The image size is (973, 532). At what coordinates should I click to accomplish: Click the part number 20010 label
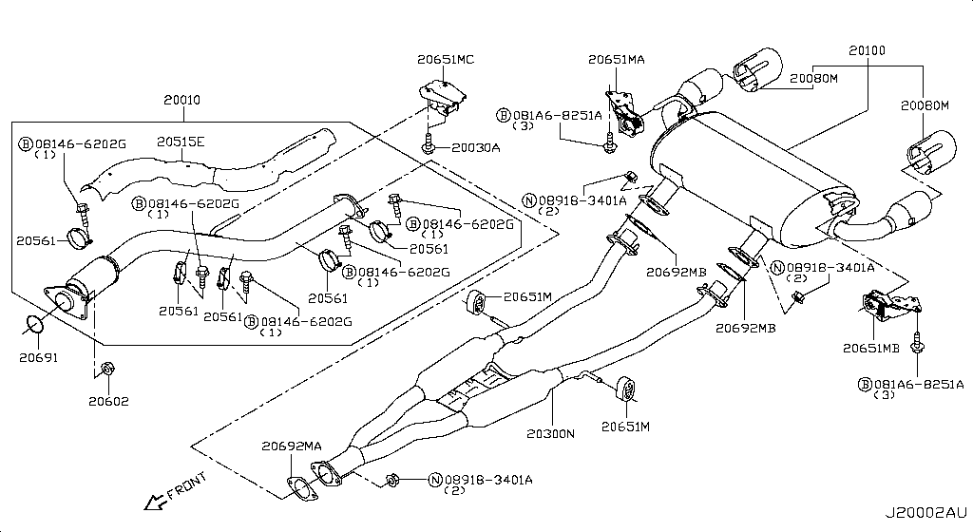click(x=181, y=100)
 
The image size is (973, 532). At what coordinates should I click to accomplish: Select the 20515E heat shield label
click(x=181, y=142)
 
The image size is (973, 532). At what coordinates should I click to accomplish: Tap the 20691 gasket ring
click(x=35, y=327)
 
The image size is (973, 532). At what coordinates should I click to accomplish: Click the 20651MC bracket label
click(x=445, y=59)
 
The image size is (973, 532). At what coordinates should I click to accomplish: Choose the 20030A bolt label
click(x=476, y=147)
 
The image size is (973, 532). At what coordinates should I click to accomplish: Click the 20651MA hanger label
click(x=616, y=59)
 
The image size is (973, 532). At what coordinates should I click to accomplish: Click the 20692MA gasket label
click(x=292, y=446)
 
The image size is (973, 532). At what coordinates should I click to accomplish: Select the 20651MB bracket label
click(x=869, y=349)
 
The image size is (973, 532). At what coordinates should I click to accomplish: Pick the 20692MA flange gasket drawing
click(x=302, y=490)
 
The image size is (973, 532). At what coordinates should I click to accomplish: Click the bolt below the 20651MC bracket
click(x=430, y=145)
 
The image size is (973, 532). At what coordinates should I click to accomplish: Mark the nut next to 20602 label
click(x=107, y=367)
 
